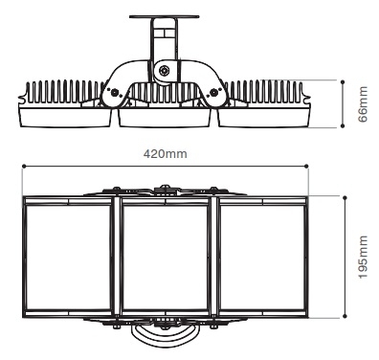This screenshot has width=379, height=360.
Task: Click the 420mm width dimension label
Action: point(164,152)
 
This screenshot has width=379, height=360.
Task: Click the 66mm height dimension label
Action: point(361,96)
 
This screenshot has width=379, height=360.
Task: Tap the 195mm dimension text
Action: point(361,256)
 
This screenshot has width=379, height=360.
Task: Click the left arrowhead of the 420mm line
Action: point(24,166)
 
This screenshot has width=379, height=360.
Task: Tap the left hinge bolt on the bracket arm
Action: point(117,93)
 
